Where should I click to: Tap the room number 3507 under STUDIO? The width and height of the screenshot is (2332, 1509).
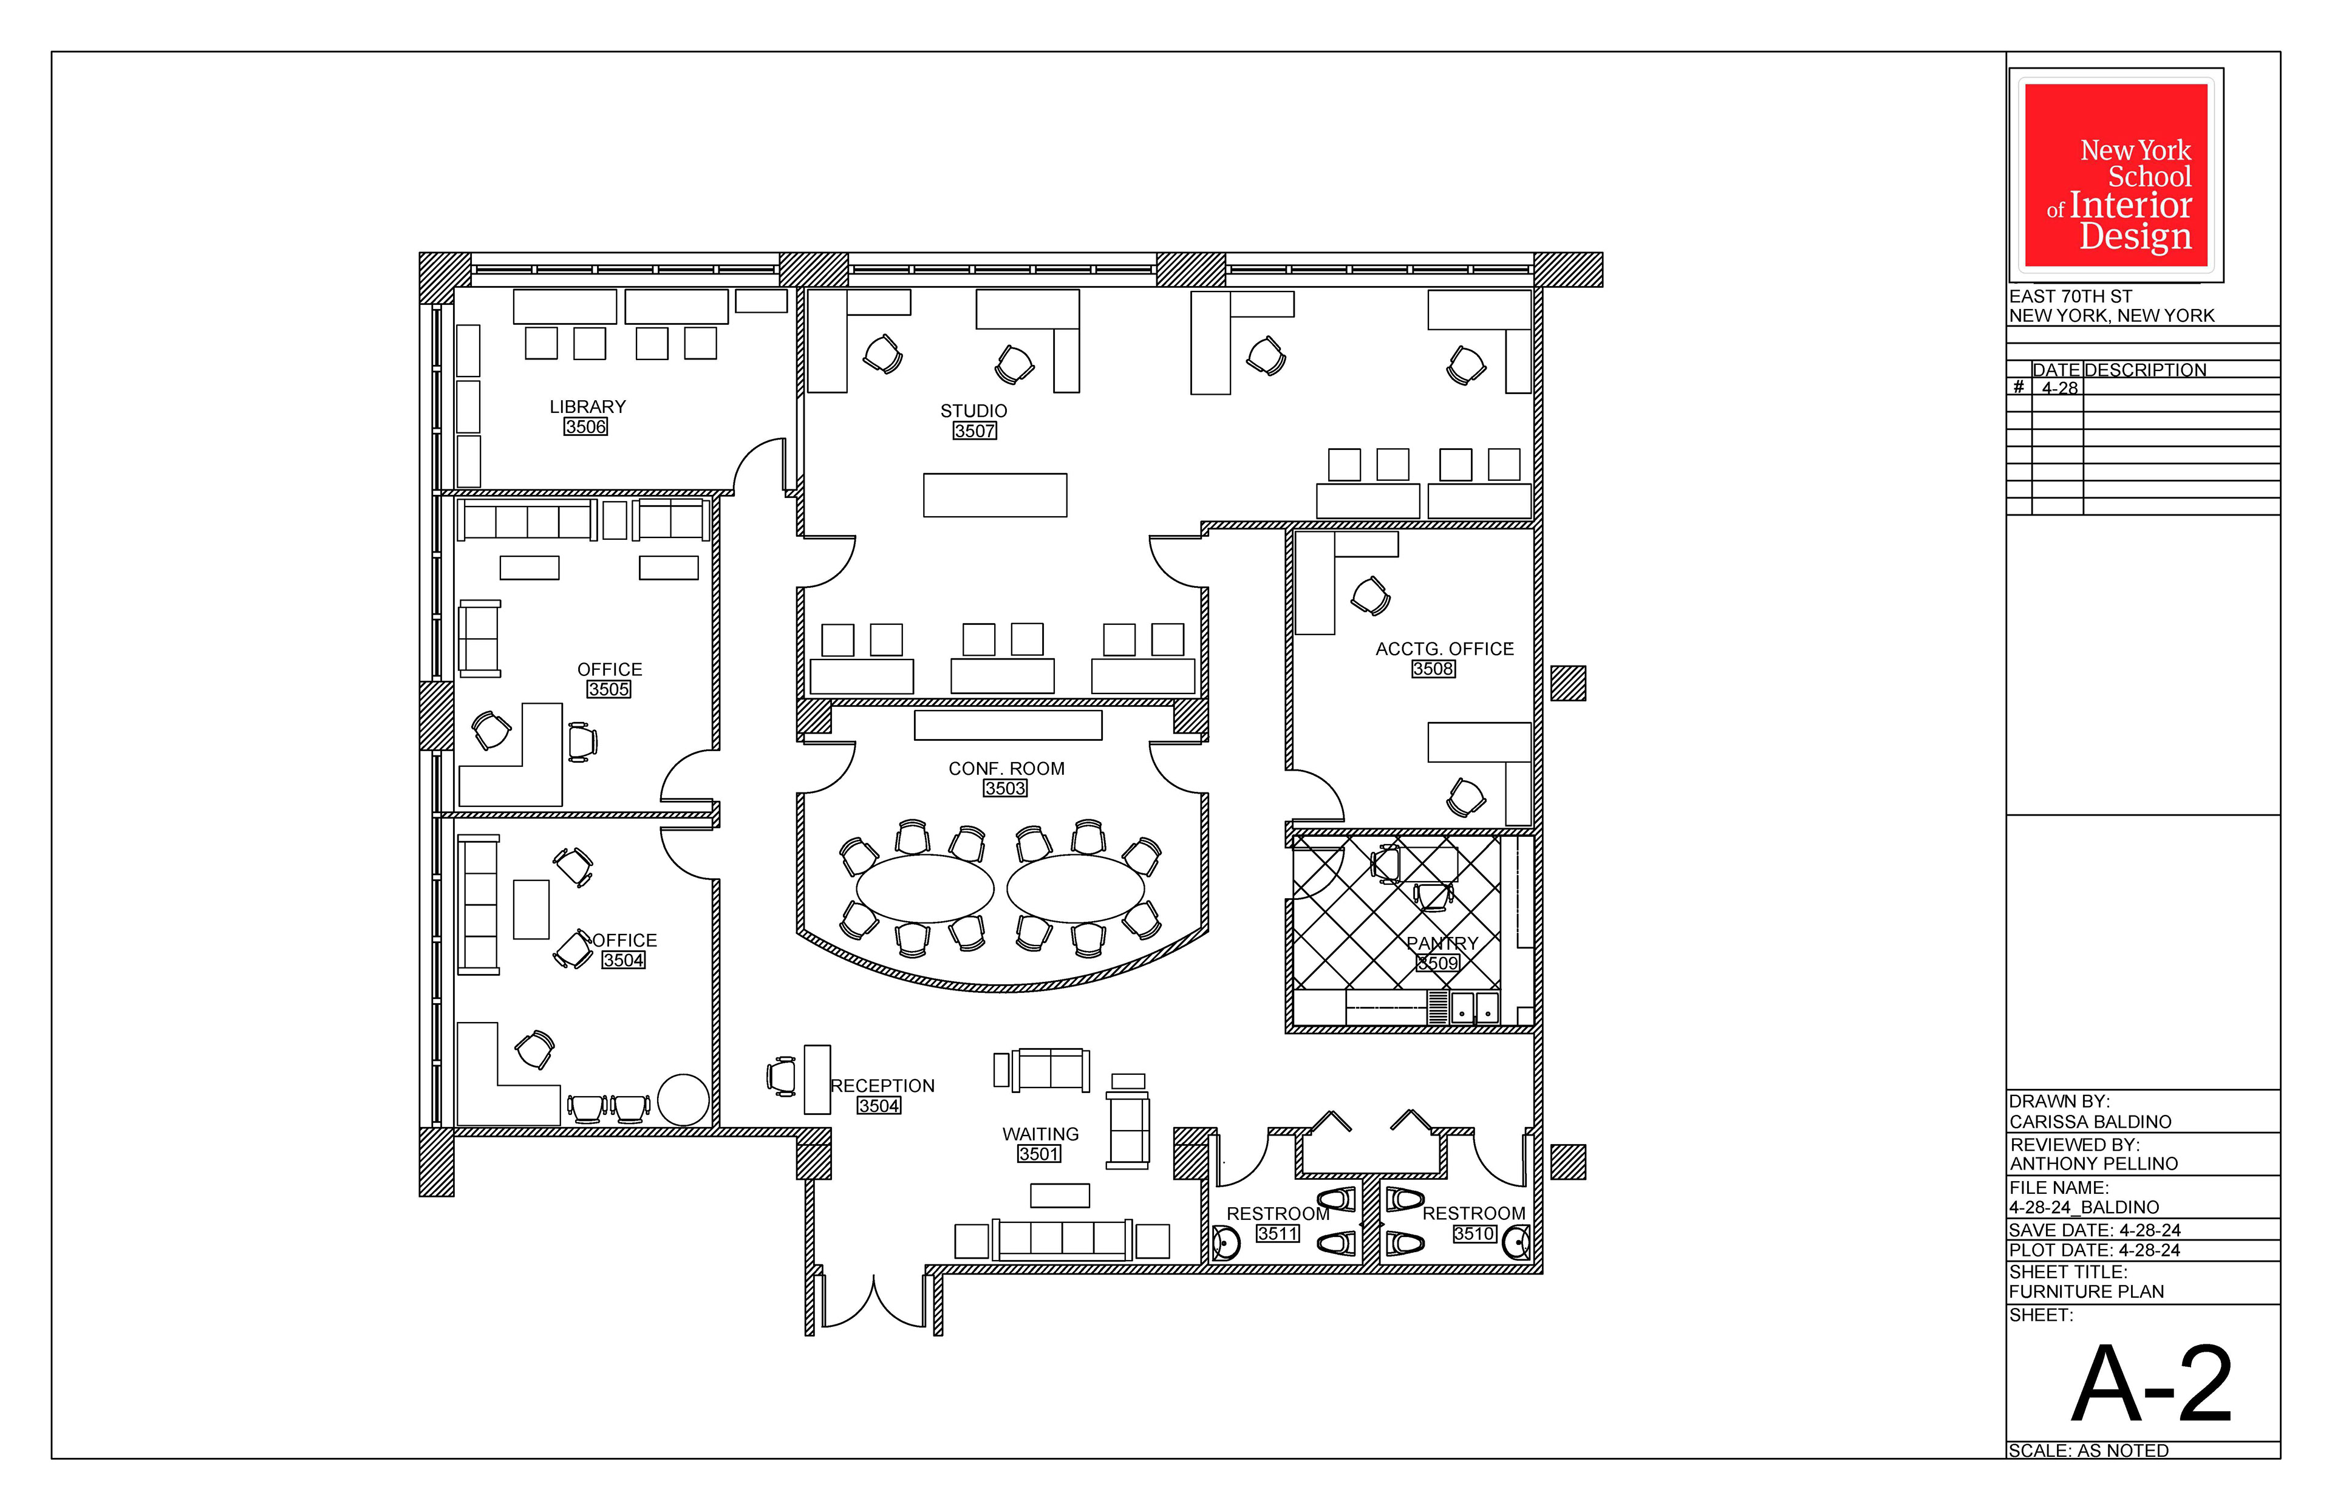975,431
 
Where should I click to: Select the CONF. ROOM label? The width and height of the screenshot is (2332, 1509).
1006,769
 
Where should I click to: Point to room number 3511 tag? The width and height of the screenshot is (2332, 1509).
1278,1234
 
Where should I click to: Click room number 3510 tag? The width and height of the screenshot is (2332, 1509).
1475,1234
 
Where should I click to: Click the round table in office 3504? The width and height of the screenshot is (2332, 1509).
683,1099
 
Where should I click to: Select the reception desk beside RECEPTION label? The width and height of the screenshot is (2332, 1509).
817,1080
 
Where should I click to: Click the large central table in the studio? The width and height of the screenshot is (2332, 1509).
995,495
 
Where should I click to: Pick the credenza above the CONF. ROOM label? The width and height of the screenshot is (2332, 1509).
1008,725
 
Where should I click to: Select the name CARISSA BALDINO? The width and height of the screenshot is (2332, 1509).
2090,1122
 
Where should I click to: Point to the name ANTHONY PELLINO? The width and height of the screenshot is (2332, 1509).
2094,1164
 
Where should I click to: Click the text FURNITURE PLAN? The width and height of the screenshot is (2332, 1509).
2086,1292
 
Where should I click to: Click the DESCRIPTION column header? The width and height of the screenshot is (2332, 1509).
2145,370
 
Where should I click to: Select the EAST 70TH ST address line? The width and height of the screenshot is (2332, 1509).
2070,296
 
